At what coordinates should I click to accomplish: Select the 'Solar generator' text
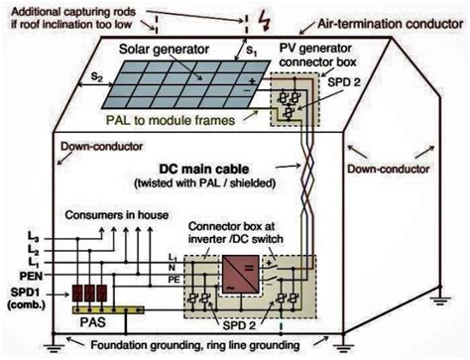click(159, 49)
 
